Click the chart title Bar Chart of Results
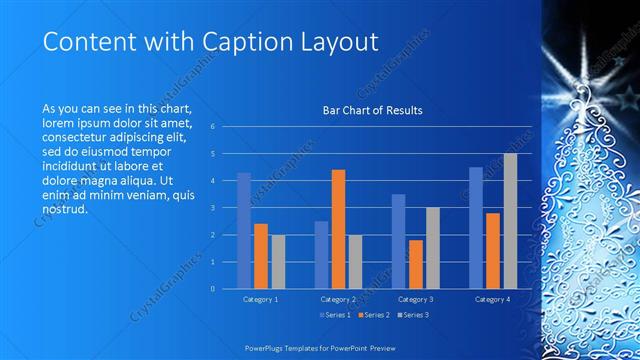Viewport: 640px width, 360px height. pyautogui.click(x=372, y=110)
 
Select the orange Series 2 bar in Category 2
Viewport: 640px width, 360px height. pyautogui.click(x=338, y=229)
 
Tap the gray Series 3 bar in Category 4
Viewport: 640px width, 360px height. pyautogui.click(x=510, y=221)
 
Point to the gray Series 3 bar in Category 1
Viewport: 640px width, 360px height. pyautogui.click(x=278, y=262)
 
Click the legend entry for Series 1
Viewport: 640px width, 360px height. pyautogui.click(x=334, y=315)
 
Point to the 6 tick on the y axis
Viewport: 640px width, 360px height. pyautogui.click(x=212, y=127)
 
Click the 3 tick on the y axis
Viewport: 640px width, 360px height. pyautogui.click(x=212, y=208)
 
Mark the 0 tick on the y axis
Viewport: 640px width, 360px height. pyautogui.click(x=212, y=289)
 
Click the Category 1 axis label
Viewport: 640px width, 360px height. pyautogui.click(x=261, y=299)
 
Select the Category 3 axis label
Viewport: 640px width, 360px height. pyautogui.click(x=415, y=299)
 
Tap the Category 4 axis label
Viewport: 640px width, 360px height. pyautogui.click(x=492, y=299)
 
